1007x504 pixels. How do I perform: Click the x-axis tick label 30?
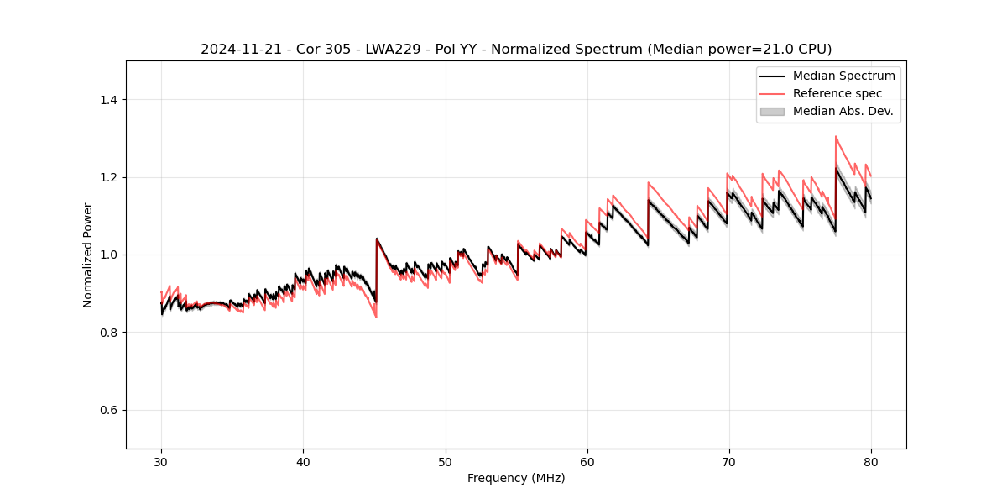(161, 461)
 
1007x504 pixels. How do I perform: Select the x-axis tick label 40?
(303, 461)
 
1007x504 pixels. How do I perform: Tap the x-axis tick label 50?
(445, 461)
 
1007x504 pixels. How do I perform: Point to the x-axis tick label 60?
(587, 461)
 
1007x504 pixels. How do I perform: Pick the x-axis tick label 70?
(729, 461)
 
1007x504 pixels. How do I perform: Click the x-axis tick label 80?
(871, 461)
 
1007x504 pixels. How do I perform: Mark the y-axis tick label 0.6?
(109, 410)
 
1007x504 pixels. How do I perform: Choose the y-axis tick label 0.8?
(109, 333)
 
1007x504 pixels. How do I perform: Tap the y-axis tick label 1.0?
(109, 255)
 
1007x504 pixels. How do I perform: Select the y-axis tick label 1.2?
(109, 177)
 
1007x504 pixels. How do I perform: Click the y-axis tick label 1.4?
(109, 100)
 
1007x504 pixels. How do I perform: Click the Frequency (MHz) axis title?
(516, 478)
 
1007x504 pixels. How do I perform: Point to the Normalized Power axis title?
(88, 255)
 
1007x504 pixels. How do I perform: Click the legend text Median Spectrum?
(843, 76)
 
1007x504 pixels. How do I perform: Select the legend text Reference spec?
(837, 93)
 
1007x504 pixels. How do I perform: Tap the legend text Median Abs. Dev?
(843, 111)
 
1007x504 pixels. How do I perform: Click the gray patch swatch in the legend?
(772, 111)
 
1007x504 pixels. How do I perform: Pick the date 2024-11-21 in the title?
(236, 50)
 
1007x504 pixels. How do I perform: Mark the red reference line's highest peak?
(836, 136)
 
